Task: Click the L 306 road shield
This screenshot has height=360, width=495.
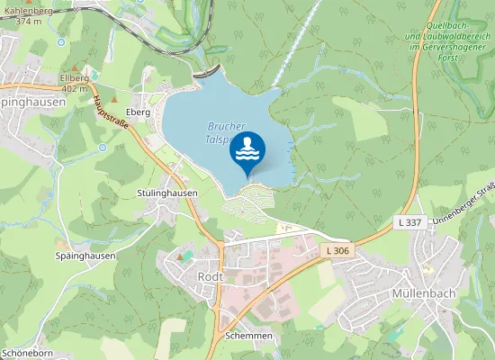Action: (337, 249)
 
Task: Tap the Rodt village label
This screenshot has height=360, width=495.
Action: (210, 276)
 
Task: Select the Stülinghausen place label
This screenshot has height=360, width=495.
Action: (167, 193)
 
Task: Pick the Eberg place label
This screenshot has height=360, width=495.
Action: (138, 112)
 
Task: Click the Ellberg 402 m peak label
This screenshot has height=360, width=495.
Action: (73, 83)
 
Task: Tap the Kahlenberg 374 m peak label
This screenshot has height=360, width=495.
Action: (22, 15)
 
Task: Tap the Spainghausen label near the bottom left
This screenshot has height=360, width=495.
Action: (85, 256)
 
